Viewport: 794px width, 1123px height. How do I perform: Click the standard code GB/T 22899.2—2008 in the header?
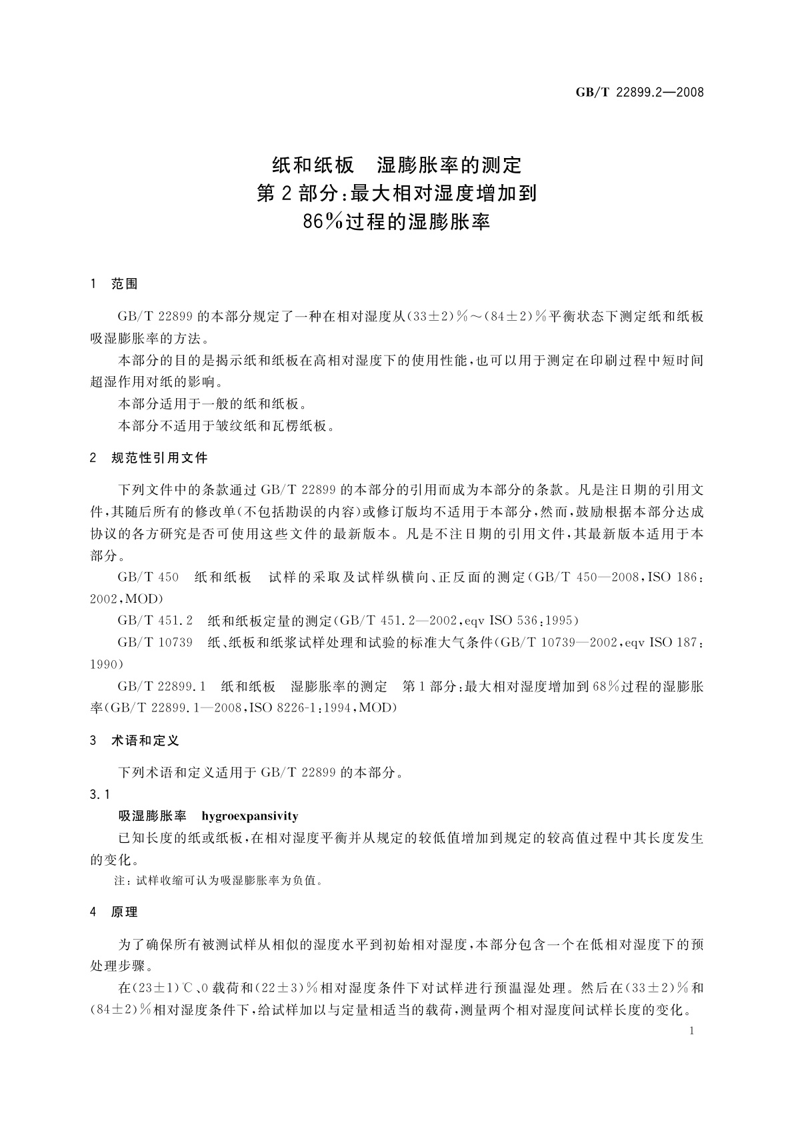point(639,92)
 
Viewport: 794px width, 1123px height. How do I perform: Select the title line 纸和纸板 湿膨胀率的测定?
point(397,164)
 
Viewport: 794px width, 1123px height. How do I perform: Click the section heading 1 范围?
point(114,283)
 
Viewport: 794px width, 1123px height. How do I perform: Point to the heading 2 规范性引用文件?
point(149,458)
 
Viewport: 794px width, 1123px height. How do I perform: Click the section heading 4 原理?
point(114,912)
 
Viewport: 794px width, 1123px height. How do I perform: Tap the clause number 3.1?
point(99,794)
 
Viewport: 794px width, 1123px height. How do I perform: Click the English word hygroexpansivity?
point(249,816)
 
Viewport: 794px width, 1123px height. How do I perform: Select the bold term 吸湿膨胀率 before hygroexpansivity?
point(152,816)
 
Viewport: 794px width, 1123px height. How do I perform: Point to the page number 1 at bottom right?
point(691,1031)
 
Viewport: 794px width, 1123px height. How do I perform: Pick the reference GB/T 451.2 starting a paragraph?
point(155,621)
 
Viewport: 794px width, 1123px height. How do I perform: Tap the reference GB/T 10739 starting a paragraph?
point(155,643)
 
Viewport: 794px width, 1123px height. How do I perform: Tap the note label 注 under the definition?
point(120,881)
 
